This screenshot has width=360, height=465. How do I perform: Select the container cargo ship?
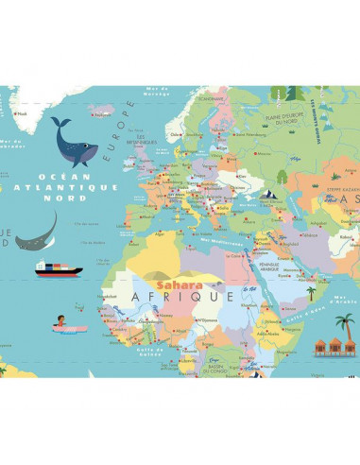pyautogui.click(x=59, y=268)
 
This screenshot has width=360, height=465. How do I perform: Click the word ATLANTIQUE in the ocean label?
pyautogui.click(x=77, y=187)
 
